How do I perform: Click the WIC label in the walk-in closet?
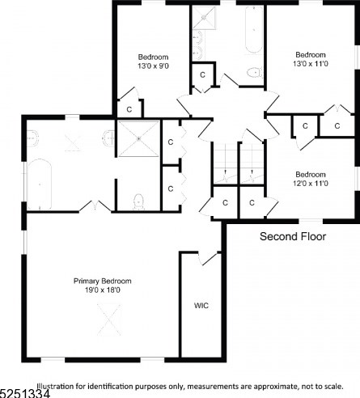click(x=201, y=306)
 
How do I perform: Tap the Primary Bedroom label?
click(x=103, y=281)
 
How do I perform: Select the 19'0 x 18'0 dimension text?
click(x=103, y=290)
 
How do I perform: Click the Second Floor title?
click(x=293, y=236)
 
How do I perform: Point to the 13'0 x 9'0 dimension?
click(x=154, y=66)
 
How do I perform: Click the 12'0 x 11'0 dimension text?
click(x=311, y=184)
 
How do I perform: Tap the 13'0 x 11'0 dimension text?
click(x=311, y=64)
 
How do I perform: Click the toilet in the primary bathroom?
click(x=138, y=201)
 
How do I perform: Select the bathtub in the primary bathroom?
click(x=40, y=184)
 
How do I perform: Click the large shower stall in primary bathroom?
click(x=138, y=138)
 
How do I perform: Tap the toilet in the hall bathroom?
click(x=255, y=72)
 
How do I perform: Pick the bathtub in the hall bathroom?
click(x=254, y=30)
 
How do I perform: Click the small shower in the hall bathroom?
click(x=204, y=18)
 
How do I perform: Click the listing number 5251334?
click(x=25, y=393)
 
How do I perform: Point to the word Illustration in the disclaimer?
click(x=56, y=386)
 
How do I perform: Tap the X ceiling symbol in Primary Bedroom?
click(x=109, y=320)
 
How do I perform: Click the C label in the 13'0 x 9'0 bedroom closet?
click(x=129, y=109)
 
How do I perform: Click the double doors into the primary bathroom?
click(x=95, y=206)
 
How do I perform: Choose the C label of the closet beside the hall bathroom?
click(x=202, y=74)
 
